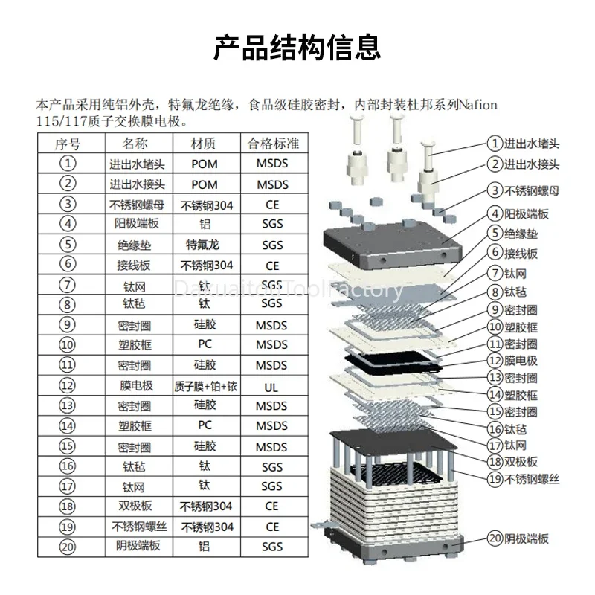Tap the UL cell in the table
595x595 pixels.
[271, 387]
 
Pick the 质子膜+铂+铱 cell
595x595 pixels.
[205, 386]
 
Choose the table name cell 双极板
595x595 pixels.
[135, 506]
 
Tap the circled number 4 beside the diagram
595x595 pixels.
[495, 214]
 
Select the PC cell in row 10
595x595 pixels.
[204, 344]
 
